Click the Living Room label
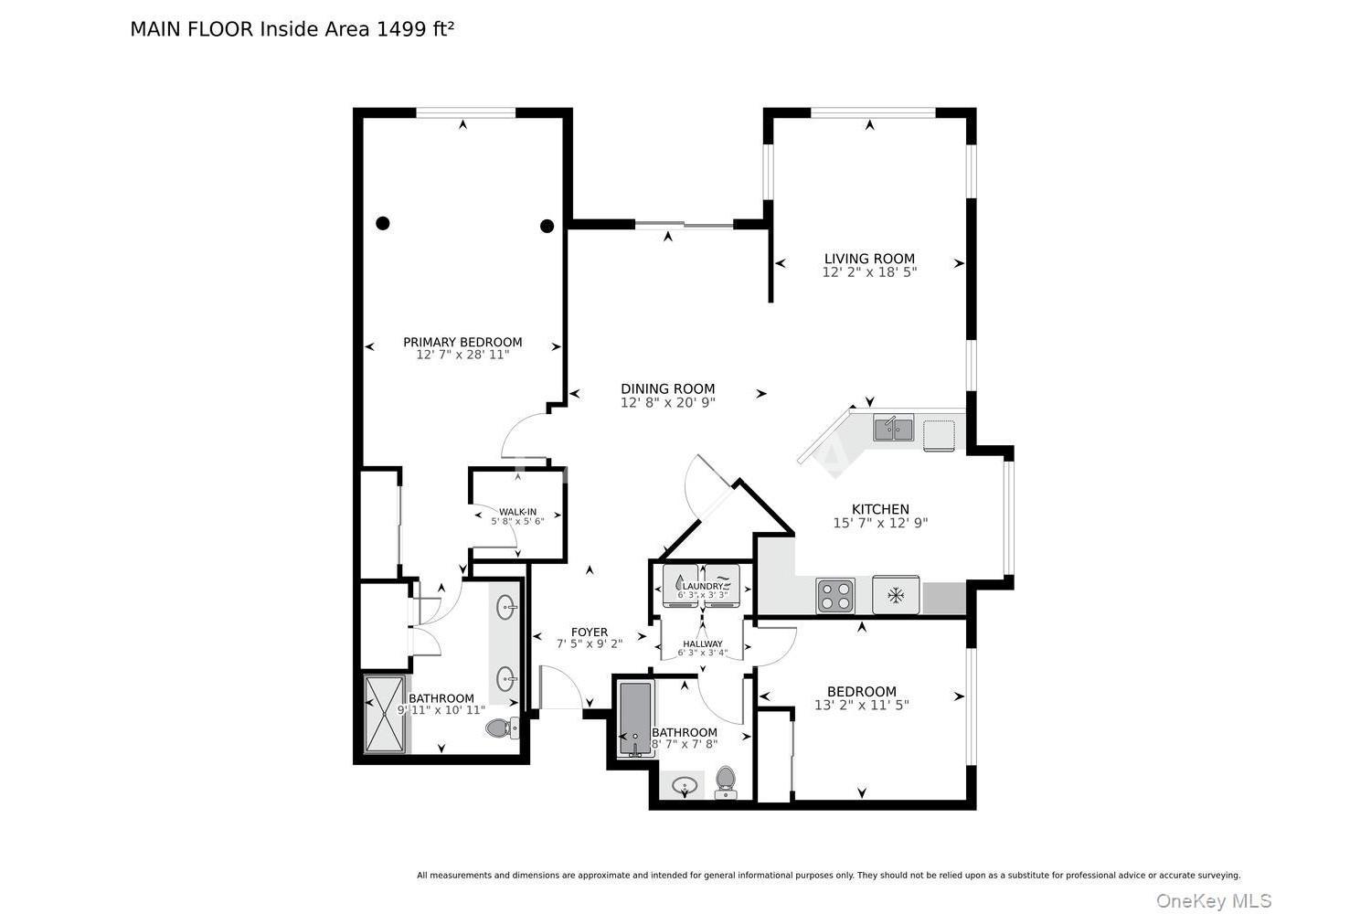(x=869, y=259)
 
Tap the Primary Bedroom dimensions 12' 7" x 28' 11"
(x=462, y=355)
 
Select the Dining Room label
(x=668, y=388)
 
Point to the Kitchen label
(x=880, y=509)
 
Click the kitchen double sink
(x=894, y=428)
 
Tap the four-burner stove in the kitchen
(x=835, y=595)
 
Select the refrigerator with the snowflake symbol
(x=896, y=594)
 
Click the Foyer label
(x=590, y=632)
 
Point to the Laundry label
(x=703, y=587)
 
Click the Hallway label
(x=703, y=644)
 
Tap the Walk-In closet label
(x=518, y=513)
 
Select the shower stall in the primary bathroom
(x=385, y=714)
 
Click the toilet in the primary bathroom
(x=503, y=728)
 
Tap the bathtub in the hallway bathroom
(x=636, y=719)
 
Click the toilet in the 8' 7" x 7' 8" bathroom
(x=726, y=781)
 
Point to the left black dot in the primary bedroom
(x=383, y=223)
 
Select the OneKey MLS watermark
(x=1214, y=900)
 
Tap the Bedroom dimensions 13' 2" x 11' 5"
(x=861, y=706)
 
